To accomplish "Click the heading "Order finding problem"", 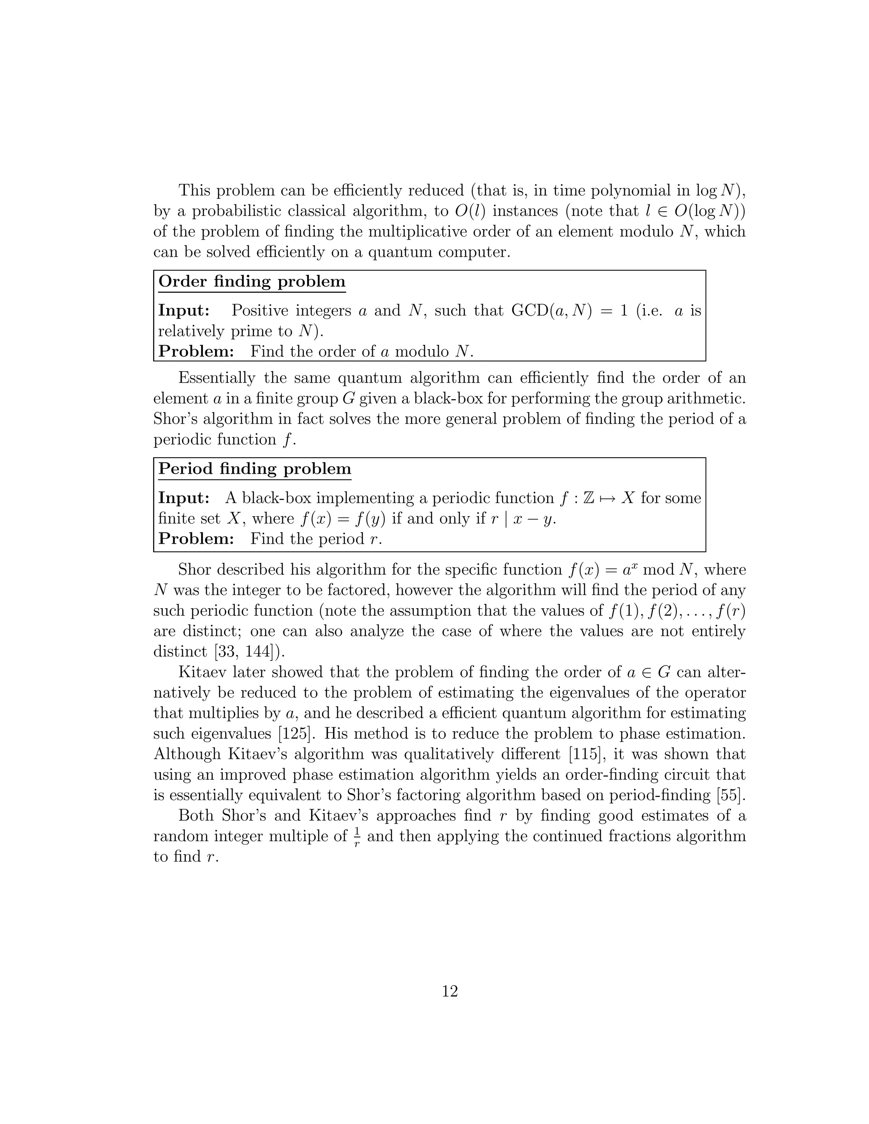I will pyautogui.click(x=252, y=282).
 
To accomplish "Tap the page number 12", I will pyautogui.click(x=449, y=991).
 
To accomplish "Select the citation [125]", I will pyautogui.click(x=292, y=733).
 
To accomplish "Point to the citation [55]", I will pyautogui.click(x=731, y=795).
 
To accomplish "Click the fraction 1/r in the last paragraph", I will pyautogui.click(x=357, y=836).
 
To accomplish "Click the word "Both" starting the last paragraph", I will pyautogui.click(x=196, y=816).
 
